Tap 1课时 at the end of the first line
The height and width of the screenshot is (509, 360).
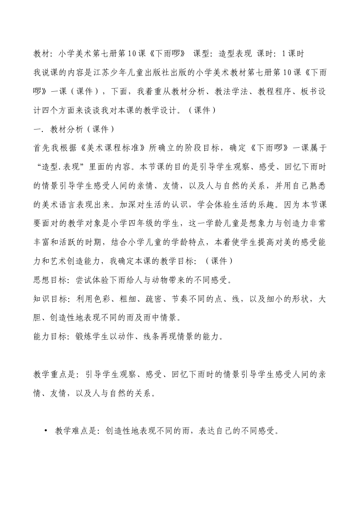[x=293, y=54]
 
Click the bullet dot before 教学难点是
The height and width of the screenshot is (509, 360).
[x=46, y=431]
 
